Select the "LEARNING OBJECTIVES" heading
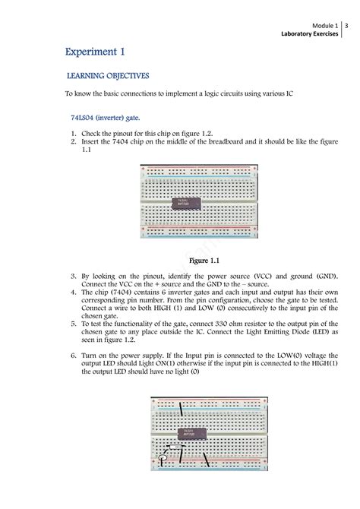coord(108,76)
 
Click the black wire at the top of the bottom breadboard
coord(181,409)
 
